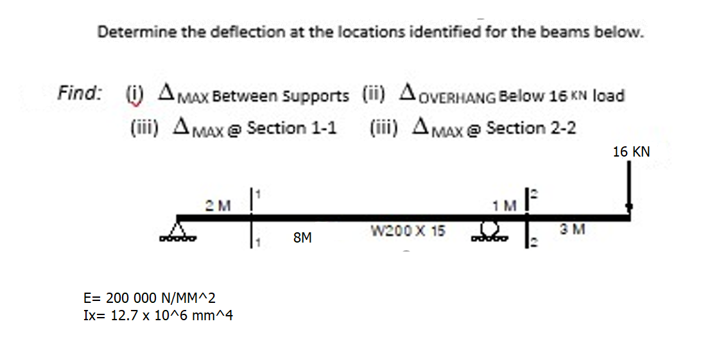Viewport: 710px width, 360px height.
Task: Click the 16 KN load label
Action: pos(631,152)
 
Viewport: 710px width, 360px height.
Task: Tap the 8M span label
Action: pos(302,238)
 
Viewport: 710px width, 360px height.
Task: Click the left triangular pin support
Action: pos(182,230)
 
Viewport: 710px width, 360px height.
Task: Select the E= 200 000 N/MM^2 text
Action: pos(150,298)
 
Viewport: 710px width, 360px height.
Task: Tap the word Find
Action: pos(79,94)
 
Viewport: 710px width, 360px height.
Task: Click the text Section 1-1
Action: pos(291,128)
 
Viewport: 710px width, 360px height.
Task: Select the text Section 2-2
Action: pos(531,128)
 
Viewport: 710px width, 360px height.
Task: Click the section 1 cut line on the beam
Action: pos(252,218)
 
